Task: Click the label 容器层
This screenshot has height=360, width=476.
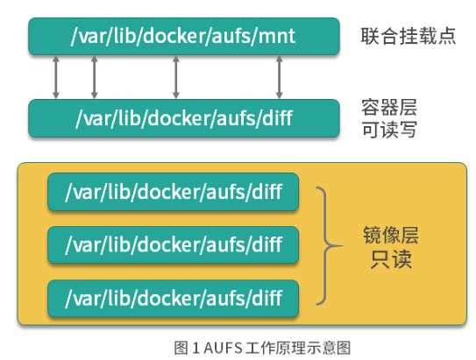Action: pyautogui.click(x=388, y=108)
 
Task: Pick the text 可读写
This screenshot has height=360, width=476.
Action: pyautogui.click(x=388, y=130)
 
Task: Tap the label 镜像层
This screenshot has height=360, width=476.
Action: pyautogui.click(x=388, y=236)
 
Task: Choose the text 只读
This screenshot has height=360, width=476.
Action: pyautogui.click(x=388, y=261)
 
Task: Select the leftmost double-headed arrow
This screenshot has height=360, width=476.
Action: pyautogui.click(x=57, y=77)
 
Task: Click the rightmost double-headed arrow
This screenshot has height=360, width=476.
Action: pyautogui.click(x=280, y=77)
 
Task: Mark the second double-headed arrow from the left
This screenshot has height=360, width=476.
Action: pyautogui.click(x=94, y=77)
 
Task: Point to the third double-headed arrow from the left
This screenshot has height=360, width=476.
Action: pyautogui.click(x=176, y=77)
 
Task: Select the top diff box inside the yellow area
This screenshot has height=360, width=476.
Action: pyautogui.click(x=173, y=192)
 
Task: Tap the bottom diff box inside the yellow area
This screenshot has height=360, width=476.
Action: pyautogui.click(x=173, y=298)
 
